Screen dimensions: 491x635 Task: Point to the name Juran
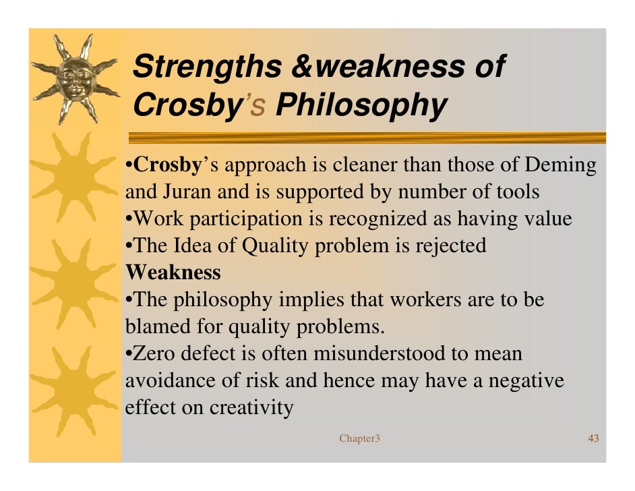pyautogui.click(x=185, y=192)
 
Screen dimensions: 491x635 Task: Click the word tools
pyautogui.click(x=517, y=192)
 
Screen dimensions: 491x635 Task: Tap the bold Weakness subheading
pyautogui.click(x=173, y=272)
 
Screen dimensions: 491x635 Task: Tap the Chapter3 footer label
pyautogui.click(x=359, y=439)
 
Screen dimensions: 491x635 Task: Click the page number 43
pyautogui.click(x=593, y=439)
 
